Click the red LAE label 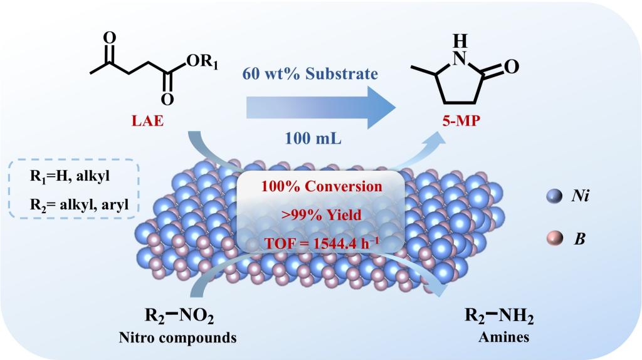click(147, 120)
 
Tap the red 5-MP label click(461, 120)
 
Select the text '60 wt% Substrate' click(310, 74)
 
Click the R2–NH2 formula click(498, 316)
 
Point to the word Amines click(500, 337)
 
